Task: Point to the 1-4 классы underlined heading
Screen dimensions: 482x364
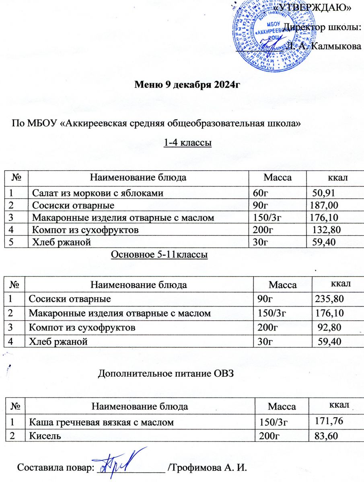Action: coord(188,143)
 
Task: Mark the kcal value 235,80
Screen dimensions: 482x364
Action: coord(329,299)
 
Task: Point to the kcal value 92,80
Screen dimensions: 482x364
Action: coord(329,327)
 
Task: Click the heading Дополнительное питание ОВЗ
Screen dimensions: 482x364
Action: coord(166,374)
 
